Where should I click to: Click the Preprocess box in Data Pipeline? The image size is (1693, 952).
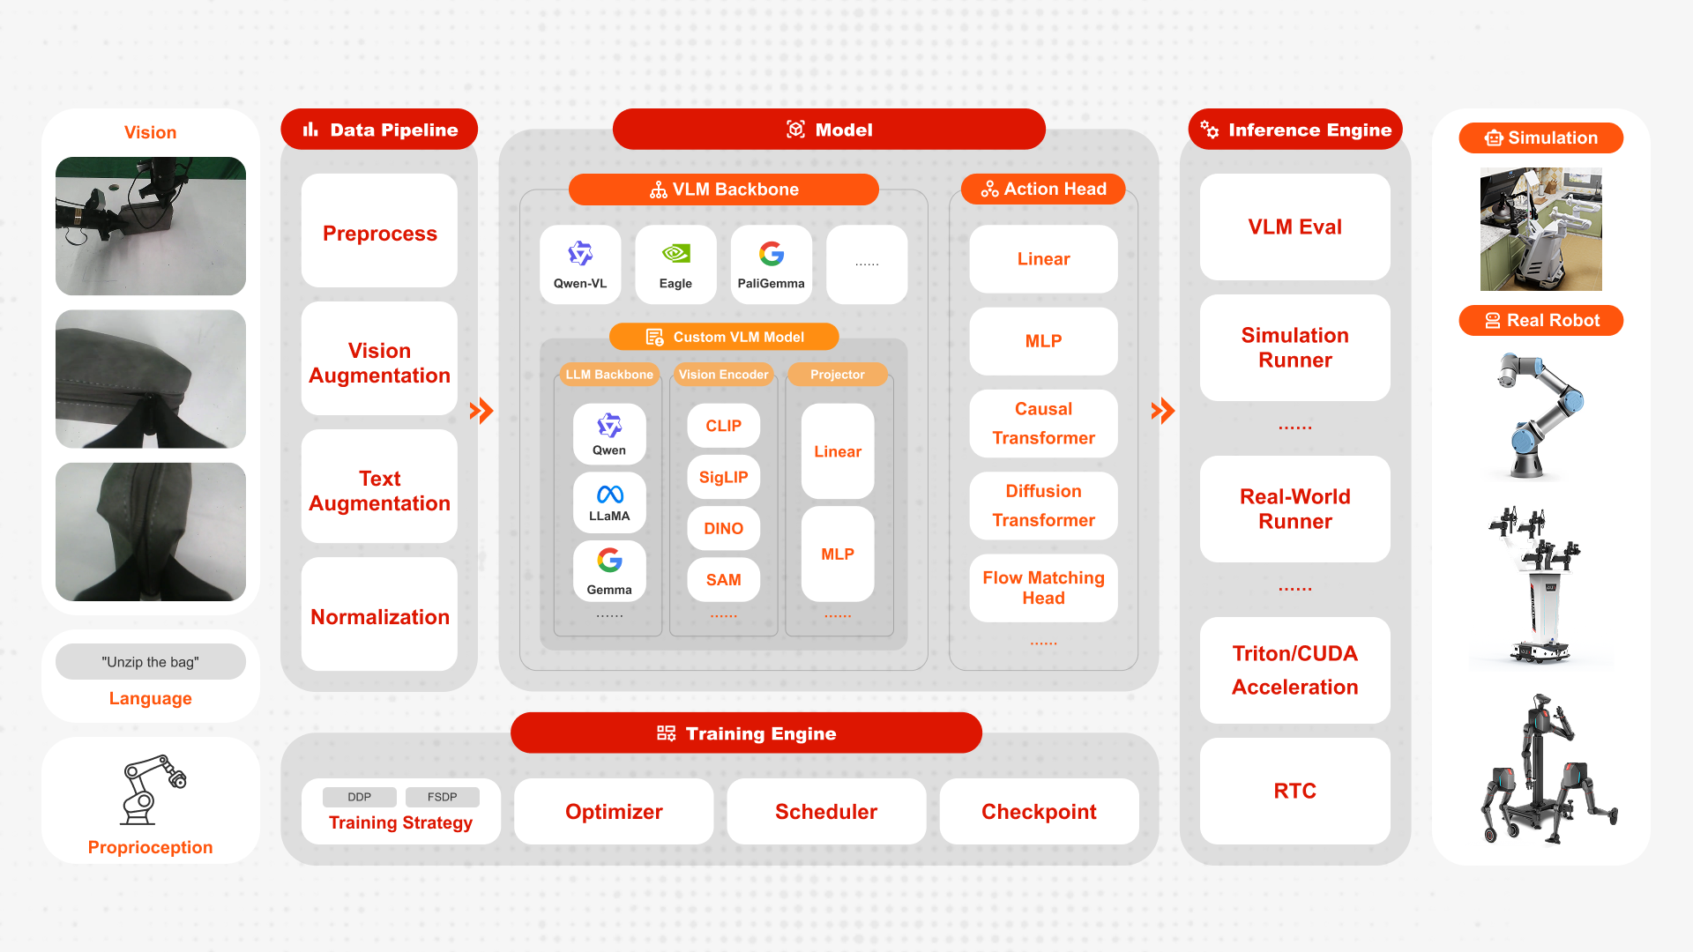379,233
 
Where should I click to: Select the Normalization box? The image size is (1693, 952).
379,616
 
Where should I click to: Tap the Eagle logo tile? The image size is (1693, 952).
675,264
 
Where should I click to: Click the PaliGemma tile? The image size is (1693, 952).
771,264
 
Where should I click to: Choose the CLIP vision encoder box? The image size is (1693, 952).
723,426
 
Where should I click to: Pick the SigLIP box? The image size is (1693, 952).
723,477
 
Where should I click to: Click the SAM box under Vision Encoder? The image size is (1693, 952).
723,579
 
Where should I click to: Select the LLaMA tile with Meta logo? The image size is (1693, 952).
609,503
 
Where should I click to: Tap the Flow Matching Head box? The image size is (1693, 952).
1043,588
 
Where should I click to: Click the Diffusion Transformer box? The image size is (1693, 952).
1043,505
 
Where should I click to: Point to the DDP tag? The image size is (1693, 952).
359,797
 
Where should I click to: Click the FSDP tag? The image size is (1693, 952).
442,797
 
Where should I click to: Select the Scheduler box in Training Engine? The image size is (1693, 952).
826,812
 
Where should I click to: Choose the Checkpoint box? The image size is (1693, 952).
1039,812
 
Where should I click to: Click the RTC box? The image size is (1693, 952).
1294,791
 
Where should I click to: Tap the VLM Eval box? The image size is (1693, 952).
1294,227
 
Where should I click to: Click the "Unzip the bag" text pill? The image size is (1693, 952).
151,662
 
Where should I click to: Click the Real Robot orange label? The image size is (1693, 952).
1540,320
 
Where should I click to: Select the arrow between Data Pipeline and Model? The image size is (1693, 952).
481,411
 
